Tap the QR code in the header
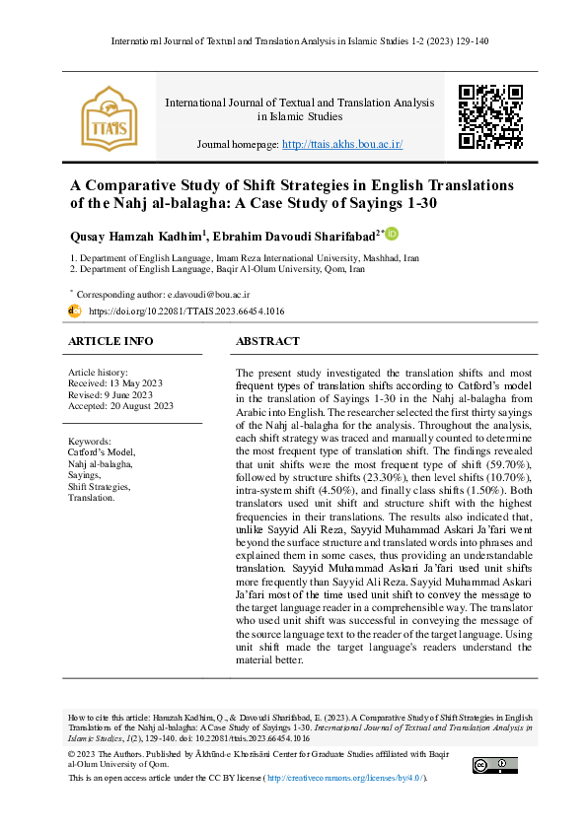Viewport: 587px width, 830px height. (491, 116)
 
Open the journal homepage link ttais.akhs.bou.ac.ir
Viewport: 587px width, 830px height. (342, 144)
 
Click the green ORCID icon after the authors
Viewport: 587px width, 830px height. (392, 234)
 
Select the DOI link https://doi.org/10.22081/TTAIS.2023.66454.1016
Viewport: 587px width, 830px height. (186, 311)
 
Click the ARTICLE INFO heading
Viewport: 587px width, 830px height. (110, 341)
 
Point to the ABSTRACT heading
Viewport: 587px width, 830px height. (267, 341)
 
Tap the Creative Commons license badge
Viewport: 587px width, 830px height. (494, 765)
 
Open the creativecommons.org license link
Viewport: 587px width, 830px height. (344, 779)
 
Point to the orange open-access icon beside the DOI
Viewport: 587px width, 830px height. (74, 311)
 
